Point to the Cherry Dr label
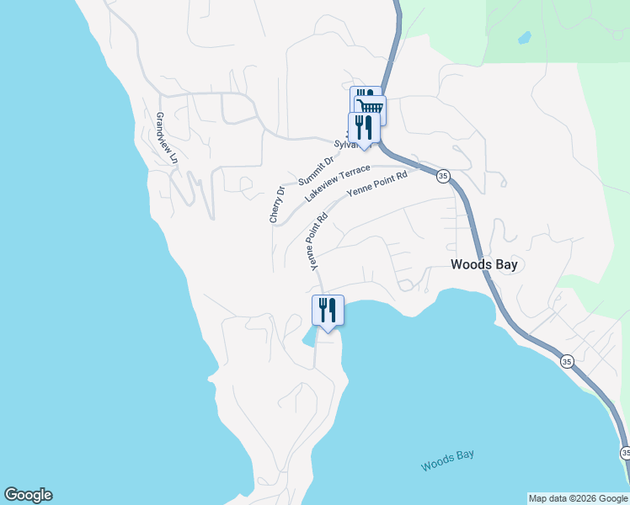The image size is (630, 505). pos(276,205)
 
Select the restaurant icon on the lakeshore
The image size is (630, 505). pos(328,310)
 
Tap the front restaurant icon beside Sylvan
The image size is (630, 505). pos(364,127)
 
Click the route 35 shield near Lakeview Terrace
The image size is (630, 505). pos(442,176)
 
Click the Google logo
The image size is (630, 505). pos(28,495)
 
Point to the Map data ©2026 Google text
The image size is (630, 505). pos(578,498)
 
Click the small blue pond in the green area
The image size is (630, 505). pos(524,38)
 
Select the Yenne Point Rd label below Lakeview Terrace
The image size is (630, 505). pos(376,183)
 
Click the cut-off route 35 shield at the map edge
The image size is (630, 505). pos(625,453)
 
